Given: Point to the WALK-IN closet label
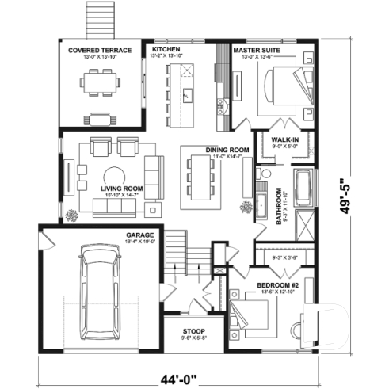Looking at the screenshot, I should pos(284,139).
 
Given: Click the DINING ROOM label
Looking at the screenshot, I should pos(227,150).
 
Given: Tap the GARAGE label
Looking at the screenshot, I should pos(139,235).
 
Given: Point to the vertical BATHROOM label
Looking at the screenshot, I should pos(279,207).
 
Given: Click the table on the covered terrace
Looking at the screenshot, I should pos(100,82).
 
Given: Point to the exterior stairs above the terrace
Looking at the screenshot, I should pos(99,17).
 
